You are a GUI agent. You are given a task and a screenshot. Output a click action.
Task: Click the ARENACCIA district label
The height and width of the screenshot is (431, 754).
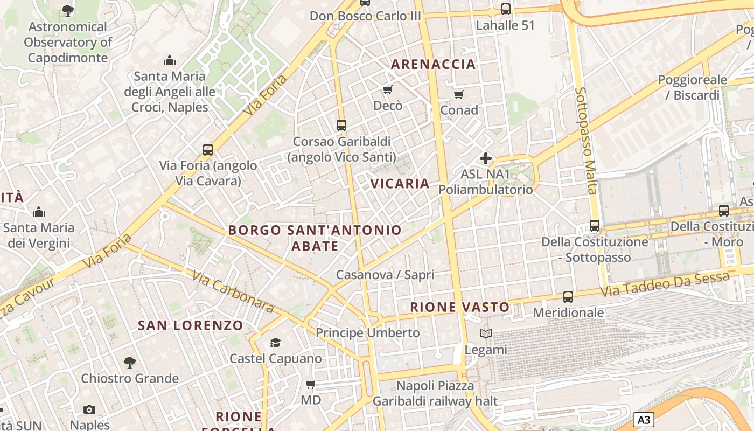(433, 64)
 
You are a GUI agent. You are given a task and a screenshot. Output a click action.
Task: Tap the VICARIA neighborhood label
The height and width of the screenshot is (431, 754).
(400, 184)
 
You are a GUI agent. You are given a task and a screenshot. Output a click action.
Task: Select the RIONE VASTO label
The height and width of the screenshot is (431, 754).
(459, 307)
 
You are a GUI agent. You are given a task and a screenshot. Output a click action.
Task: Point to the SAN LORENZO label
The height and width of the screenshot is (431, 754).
(191, 325)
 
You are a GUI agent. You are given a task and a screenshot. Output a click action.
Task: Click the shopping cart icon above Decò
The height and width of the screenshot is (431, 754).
(387, 89)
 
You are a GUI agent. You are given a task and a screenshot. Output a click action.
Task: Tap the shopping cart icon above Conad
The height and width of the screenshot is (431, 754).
(459, 95)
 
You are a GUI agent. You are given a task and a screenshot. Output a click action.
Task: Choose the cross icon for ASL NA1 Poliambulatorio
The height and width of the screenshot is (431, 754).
(485, 158)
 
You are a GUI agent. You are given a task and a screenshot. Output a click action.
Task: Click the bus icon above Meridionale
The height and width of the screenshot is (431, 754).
(568, 296)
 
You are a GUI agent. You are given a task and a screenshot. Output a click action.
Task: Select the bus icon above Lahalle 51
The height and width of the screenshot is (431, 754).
(505, 9)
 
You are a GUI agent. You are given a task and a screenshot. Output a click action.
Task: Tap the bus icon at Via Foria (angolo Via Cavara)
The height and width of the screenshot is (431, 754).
(207, 150)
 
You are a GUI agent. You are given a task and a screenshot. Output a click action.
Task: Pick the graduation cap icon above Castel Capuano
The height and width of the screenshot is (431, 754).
(276, 343)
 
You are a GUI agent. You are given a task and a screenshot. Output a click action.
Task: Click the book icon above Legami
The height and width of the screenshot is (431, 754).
(486, 334)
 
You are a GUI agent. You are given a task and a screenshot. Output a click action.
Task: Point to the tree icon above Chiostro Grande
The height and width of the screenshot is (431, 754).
(129, 363)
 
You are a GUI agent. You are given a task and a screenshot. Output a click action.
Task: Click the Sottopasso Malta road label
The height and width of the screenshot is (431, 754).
(586, 140)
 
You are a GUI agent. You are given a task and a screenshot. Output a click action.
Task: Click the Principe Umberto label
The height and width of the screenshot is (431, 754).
(367, 333)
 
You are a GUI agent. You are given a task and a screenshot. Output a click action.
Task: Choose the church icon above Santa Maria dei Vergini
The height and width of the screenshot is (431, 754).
(38, 212)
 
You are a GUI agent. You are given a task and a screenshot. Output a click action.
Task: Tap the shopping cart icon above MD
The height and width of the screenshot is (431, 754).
(310, 385)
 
